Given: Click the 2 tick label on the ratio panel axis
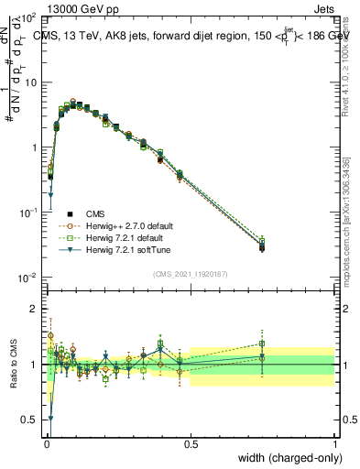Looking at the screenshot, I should pos(36,309).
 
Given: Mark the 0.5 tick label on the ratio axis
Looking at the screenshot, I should pos(32,420).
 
